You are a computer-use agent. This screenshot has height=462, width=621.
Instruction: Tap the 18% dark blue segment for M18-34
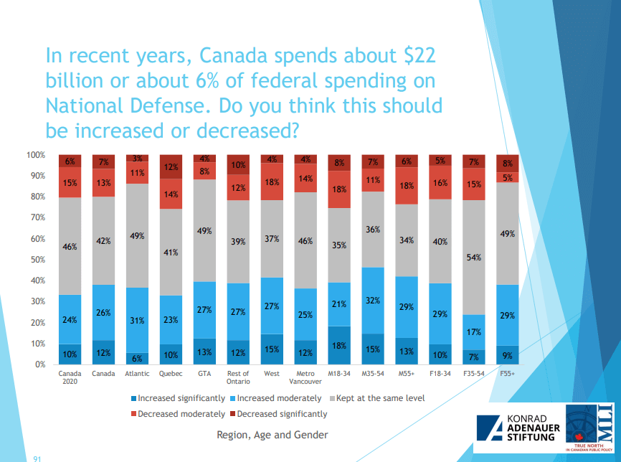[340, 345]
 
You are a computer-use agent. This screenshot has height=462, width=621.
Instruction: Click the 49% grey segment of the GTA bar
[204, 230]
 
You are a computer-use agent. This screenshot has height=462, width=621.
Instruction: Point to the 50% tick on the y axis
[36, 260]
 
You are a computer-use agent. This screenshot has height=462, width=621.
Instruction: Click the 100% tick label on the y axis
[36, 155]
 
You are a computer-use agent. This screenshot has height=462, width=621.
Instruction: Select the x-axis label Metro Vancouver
[306, 377]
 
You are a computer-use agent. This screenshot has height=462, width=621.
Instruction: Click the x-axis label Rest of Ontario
[238, 377]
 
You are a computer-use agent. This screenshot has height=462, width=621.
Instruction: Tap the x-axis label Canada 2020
[70, 377]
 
